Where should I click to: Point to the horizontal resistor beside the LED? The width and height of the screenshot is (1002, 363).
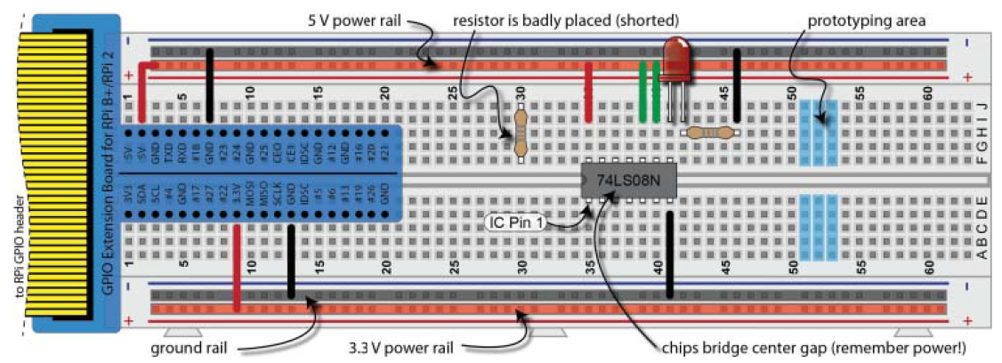coord(708,133)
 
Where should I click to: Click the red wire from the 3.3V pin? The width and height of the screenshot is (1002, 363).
coord(236,267)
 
